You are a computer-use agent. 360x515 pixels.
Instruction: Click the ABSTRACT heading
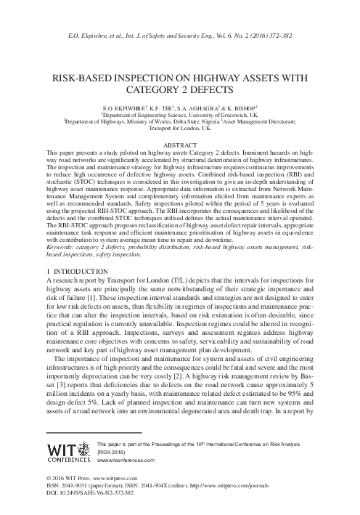tap(180, 145)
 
